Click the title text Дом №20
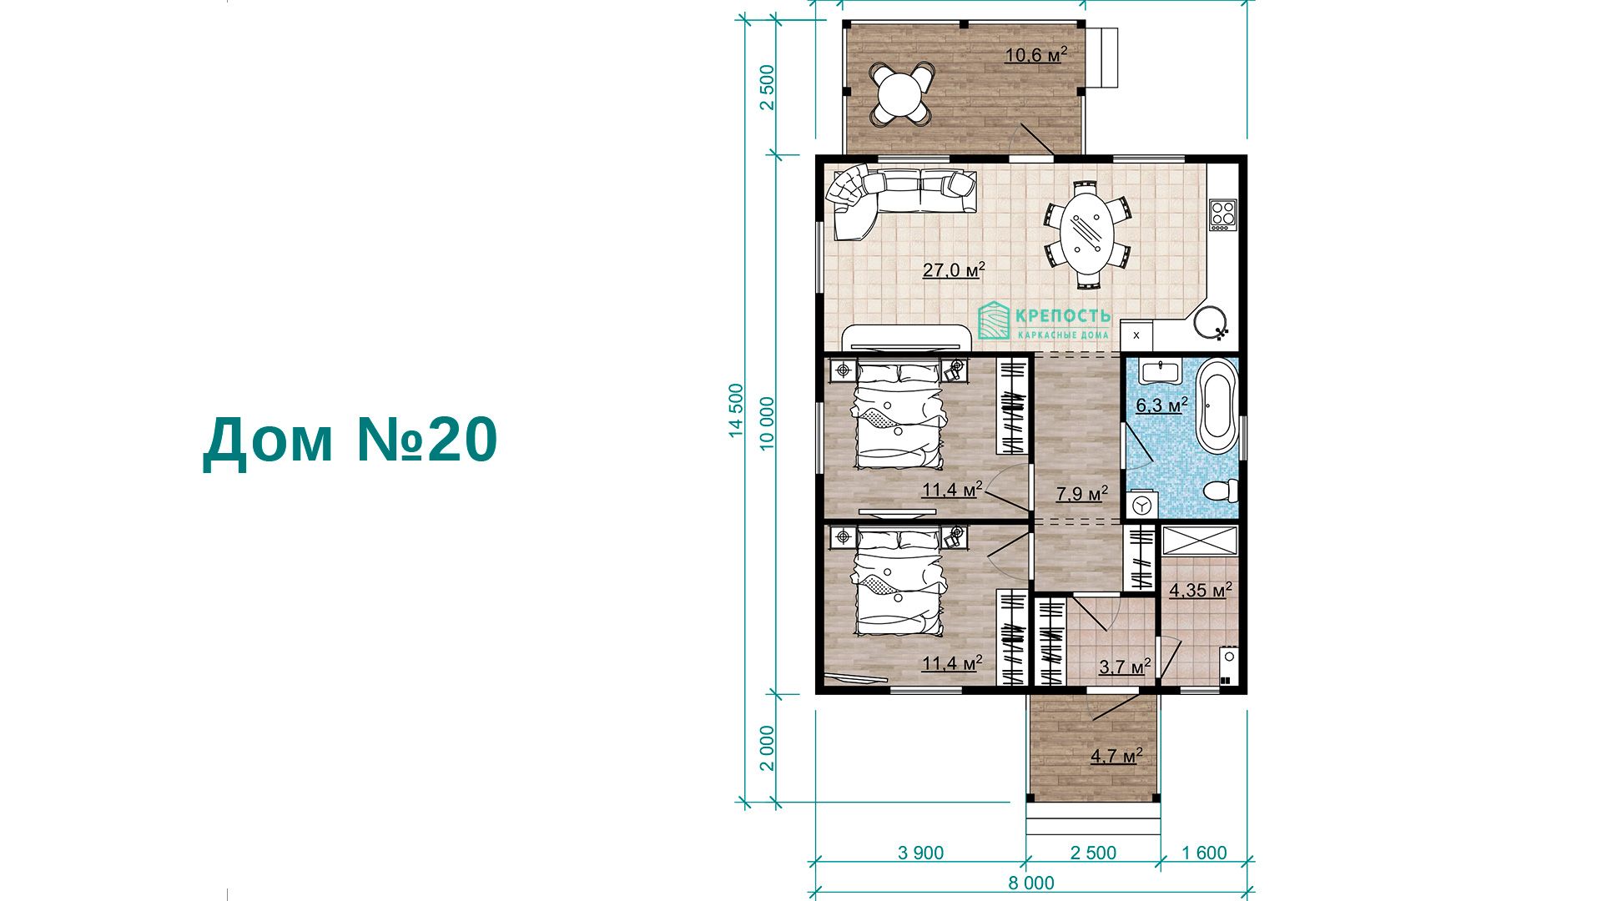coord(350,440)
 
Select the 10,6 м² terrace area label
coord(1036,55)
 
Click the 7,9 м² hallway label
coord(1082,494)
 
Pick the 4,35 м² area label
coord(1201,591)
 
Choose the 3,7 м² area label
coord(1125,667)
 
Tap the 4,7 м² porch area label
coord(1116,757)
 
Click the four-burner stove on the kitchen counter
coord(1222,213)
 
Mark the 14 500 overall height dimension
coord(735,410)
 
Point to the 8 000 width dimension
coord(1031,883)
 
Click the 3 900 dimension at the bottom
coord(920,853)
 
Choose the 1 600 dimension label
coord(1205,853)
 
